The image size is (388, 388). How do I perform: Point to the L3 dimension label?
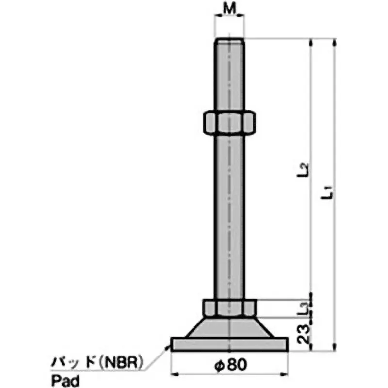click(303, 307)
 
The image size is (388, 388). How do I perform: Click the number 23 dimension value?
click(304, 334)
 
